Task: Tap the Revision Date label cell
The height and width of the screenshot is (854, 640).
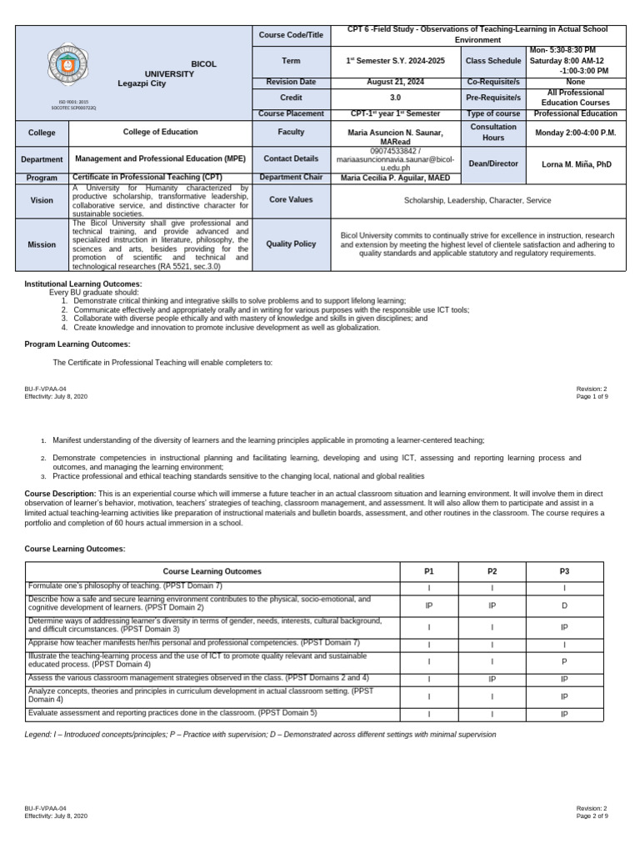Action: click(x=292, y=82)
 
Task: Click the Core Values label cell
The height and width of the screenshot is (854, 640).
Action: click(x=292, y=200)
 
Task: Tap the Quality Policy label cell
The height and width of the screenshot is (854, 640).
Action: click(x=292, y=244)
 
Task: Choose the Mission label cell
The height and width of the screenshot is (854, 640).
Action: click(x=42, y=244)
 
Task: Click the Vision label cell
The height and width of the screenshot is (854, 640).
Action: click(x=42, y=200)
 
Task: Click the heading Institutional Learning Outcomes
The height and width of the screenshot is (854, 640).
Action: click(x=83, y=284)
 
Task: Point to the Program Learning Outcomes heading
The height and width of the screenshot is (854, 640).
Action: click(x=77, y=344)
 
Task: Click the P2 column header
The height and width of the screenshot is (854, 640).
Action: click(x=492, y=571)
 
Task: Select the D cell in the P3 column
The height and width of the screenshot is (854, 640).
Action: click(x=564, y=605)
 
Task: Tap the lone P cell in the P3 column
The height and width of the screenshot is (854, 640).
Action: click(x=564, y=661)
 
